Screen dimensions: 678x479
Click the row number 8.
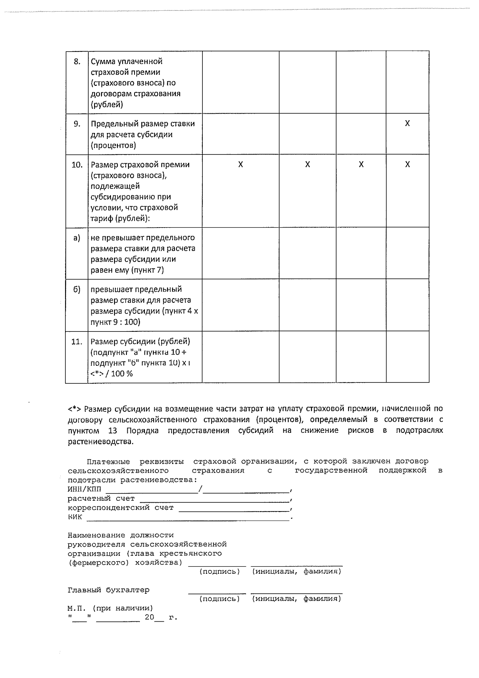[77, 61]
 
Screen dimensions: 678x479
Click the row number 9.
[77, 124]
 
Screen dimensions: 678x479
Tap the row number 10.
[77, 165]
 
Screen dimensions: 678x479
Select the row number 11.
[77, 342]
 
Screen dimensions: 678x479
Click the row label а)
[77, 238]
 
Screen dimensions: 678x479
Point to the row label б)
[77, 289]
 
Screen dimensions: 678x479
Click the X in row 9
[407, 123]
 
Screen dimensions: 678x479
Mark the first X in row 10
[240, 165]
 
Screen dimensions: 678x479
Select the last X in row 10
[407, 165]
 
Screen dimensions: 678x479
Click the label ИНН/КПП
[84, 490]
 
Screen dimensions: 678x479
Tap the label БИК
[75, 517]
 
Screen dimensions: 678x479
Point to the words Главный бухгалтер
[109, 590]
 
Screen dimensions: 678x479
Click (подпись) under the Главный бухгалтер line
[220, 599]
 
